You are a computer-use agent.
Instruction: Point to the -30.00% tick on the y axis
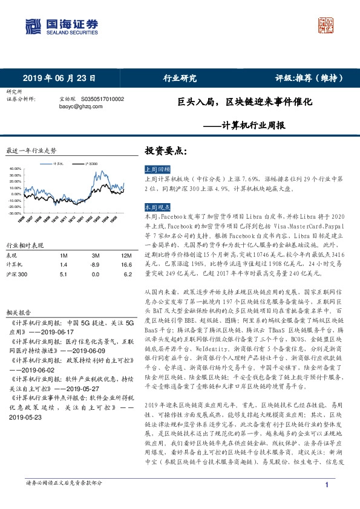click(16, 213)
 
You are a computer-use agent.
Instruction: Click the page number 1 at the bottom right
click(327, 485)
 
